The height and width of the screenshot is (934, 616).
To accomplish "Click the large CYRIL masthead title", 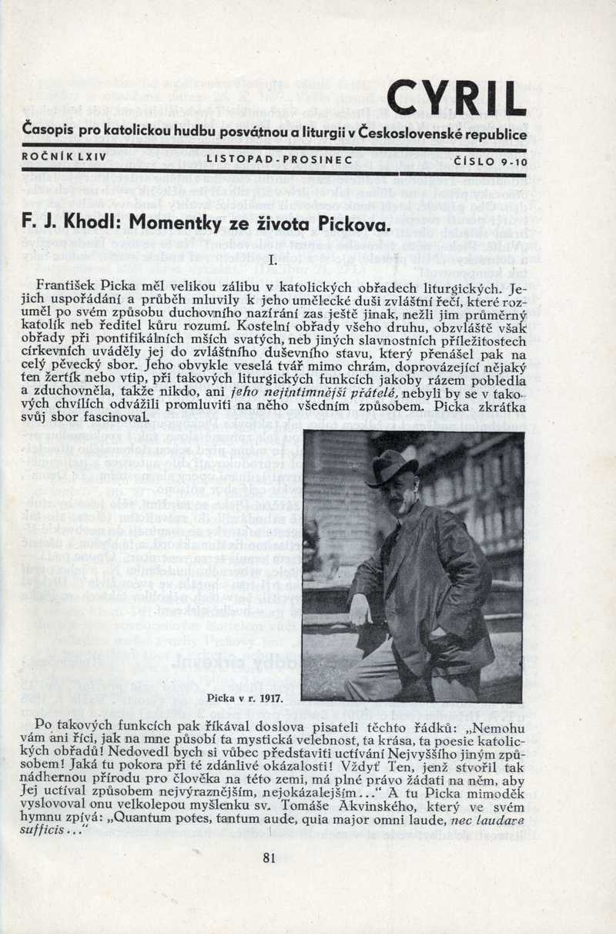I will pos(456,100).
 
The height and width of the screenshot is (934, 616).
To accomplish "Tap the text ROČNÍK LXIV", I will pos(55,160).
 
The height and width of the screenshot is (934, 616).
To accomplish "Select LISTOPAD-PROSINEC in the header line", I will pos(279,160).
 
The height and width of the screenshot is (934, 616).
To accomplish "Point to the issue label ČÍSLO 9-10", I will pos(489,160).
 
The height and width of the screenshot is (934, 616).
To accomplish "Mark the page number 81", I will pos(269,858).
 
